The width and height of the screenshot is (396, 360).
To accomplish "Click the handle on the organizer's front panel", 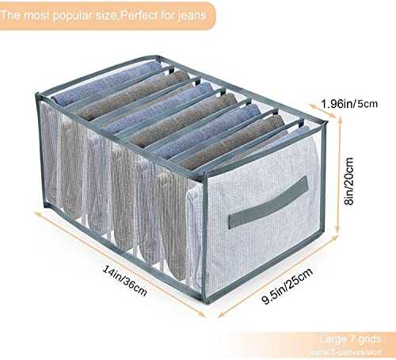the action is (268, 202).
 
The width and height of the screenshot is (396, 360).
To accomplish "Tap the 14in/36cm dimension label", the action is (124, 281).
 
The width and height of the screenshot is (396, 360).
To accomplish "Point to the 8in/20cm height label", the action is (349, 181).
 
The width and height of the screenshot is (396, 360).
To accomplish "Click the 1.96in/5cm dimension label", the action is (349, 104).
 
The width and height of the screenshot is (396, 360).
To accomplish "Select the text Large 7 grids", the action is (350, 339).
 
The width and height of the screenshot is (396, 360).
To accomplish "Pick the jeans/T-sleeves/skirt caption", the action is (345, 352).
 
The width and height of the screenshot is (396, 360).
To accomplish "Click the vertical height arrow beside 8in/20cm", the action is (339, 175).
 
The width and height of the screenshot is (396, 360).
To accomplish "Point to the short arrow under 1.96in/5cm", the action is (323, 111).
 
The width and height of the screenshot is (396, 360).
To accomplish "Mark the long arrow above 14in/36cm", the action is (120, 264).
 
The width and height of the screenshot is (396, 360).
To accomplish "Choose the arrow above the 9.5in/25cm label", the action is (278, 276).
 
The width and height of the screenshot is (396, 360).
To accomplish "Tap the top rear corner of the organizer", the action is (158, 56).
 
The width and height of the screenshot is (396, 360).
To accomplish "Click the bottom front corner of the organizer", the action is (208, 301).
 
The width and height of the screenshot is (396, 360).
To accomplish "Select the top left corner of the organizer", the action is (37, 94).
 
